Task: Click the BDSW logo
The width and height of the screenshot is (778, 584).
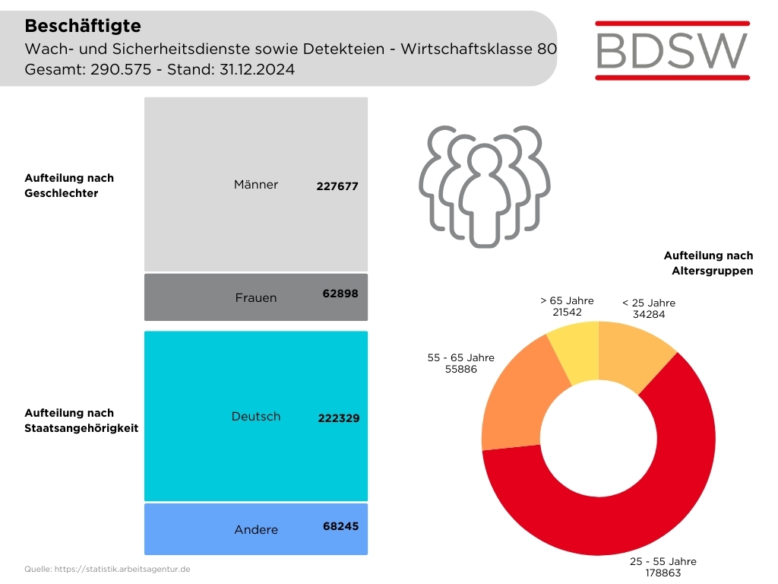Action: (672, 49)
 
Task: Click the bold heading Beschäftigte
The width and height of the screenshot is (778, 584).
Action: (83, 26)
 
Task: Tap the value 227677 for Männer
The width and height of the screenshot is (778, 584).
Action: (337, 186)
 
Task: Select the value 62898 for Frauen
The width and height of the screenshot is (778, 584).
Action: (340, 293)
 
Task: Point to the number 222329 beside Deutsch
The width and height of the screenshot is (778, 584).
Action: (338, 418)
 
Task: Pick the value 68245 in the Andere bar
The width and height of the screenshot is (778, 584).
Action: (340, 525)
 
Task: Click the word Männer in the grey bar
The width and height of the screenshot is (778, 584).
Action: (256, 185)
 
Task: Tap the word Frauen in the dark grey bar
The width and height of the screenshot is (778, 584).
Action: (256, 298)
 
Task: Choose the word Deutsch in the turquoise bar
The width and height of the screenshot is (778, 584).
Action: (256, 417)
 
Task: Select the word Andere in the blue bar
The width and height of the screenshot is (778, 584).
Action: (256, 530)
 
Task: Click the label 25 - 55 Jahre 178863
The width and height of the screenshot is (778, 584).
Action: (663, 567)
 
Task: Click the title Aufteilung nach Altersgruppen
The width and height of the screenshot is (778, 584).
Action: (708, 263)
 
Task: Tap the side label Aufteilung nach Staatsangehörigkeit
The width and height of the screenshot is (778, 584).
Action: (81, 421)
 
